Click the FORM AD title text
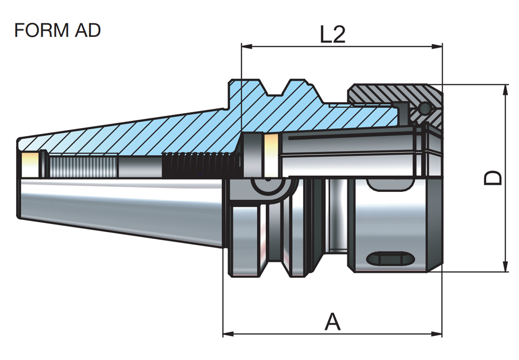click(57, 31)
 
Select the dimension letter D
click(494, 177)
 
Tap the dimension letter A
click(333, 322)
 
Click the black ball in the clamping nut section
click(424, 108)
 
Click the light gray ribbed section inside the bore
click(83, 166)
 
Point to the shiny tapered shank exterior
click(119, 207)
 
